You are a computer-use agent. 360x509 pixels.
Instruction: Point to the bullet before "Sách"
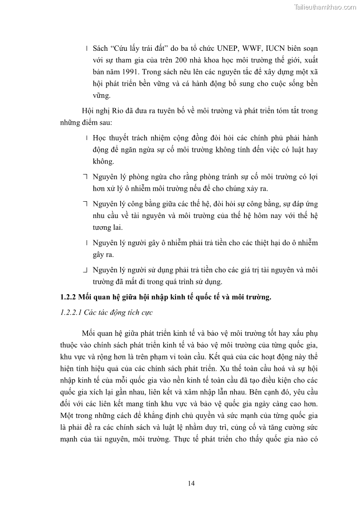(86, 48)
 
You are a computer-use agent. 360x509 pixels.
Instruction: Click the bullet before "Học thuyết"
(86, 137)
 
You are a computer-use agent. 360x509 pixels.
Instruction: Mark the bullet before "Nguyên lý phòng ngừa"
(86, 176)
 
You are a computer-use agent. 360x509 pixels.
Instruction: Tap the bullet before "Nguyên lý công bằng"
(86, 203)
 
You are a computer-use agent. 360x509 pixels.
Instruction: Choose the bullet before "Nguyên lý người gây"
(86, 242)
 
